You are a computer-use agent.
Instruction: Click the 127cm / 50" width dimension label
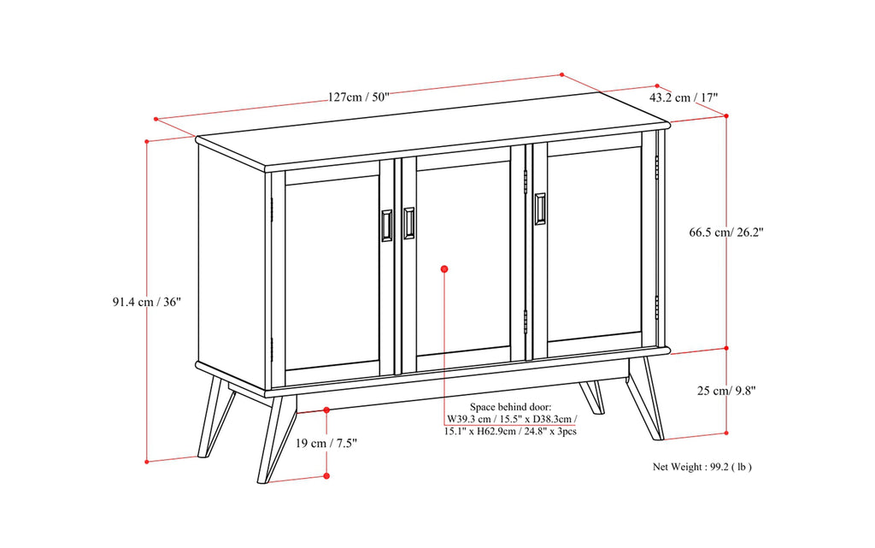(358, 97)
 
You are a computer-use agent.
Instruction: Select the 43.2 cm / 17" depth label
(684, 97)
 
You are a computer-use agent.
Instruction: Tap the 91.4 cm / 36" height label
(146, 302)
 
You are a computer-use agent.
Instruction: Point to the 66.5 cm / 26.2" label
(726, 231)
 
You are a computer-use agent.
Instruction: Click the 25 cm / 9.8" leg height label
(725, 390)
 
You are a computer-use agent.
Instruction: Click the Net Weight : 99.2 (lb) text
(702, 467)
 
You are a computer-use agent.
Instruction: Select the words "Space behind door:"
(511, 408)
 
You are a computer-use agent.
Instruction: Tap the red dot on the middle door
(444, 269)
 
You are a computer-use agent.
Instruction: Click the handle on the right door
(540, 209)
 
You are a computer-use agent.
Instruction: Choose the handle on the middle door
(409, 222)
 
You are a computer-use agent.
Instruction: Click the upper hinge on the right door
(656, 167)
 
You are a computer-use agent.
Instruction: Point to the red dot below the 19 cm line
(326, 476)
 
